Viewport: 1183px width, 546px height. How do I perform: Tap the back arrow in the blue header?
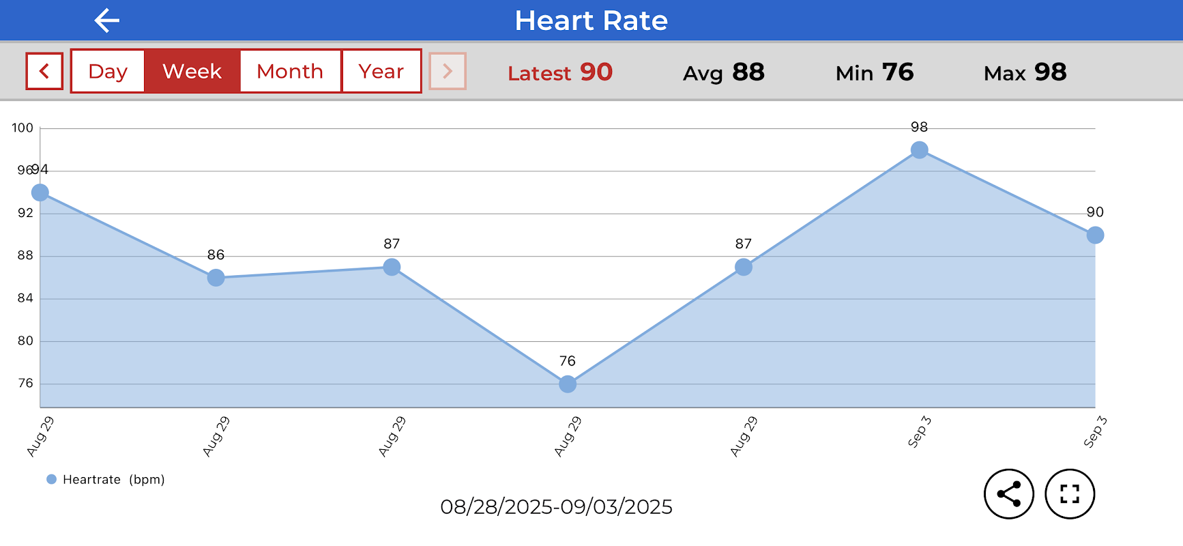click(x=107, y=20)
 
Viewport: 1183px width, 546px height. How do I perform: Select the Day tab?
click(x=108, y=71)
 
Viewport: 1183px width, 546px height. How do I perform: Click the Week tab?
click(x=192, y=71)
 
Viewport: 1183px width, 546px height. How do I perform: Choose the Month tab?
click(x=290, y=71)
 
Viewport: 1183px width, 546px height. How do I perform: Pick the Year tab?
click(x=381, y=71)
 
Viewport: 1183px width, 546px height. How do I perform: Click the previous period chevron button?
click(x=44, y=71)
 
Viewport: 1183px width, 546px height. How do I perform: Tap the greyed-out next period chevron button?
click(x=448, y=71)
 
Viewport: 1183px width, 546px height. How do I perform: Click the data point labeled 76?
click(x=568, y=384)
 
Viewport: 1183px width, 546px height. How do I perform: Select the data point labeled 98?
click(x=920, y=150)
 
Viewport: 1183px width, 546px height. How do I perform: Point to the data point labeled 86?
click(x=216, y=278)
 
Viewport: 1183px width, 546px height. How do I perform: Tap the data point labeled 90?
click(x=1095, y=235)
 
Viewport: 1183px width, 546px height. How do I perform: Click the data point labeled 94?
click(x=40, y=192)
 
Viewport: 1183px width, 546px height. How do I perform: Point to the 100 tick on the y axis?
click(x=23, y=128)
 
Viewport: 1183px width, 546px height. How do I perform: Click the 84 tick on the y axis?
click(x=25, y=298)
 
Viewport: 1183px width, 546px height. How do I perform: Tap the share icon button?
click(x=1009, y=494)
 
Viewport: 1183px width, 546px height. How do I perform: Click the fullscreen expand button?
click(x=1070, y=494)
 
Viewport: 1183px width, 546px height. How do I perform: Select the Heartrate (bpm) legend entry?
click(x=106, y=479)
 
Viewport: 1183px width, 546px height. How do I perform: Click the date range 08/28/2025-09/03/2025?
click(x=556, y=507)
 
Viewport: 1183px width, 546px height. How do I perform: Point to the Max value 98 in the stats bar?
click(x=1050, y=72)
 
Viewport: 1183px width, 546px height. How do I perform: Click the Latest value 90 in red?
click(x=596, y=72)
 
